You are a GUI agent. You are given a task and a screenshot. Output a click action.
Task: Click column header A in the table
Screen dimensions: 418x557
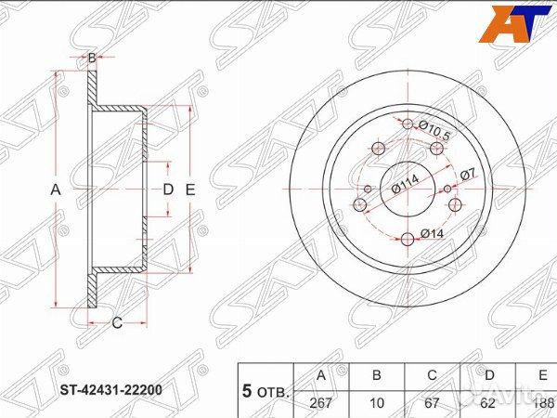pos(321,375)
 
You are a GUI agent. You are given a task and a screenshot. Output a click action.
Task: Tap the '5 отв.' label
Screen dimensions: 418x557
pos(266,389)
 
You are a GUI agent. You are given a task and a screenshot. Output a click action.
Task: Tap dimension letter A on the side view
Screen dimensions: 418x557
pos(55,189)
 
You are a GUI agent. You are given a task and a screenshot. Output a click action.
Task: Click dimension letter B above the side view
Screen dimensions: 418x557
pos(92,59)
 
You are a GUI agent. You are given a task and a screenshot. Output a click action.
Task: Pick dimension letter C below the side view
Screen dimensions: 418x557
pos(117,323)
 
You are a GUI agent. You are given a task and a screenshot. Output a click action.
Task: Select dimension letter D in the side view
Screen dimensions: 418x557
pos(168,189)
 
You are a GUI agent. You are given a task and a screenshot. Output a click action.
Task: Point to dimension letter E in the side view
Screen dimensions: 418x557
pos(190,189)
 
